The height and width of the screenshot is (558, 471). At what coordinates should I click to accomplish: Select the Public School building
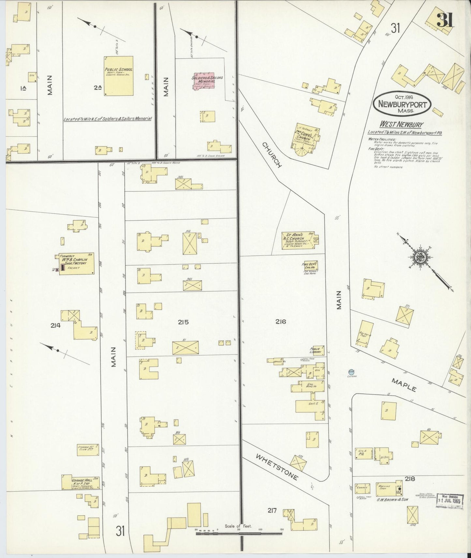(x=119, y=76)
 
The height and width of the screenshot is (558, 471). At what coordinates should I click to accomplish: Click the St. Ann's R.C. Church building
(x=298, y=241)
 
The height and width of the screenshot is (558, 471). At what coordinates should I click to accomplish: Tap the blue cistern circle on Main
(x=351, y=372)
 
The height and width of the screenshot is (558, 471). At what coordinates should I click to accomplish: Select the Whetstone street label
(x=277, y=467)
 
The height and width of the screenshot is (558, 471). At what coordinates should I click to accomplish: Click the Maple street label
(x=404, y=385)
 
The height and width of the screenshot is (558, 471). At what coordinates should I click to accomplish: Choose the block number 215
(x=183, y=322)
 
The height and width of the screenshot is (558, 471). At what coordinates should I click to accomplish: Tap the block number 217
(x=272, y=510)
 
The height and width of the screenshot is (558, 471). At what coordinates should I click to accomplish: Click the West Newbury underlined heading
(x=401, y=124)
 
